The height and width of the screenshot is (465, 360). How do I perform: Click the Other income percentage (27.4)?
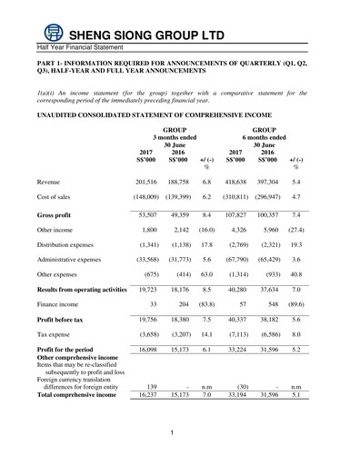(295, 233)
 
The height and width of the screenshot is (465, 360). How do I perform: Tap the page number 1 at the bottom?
(172, 444)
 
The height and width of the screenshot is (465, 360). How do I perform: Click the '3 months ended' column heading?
(167, 138)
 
